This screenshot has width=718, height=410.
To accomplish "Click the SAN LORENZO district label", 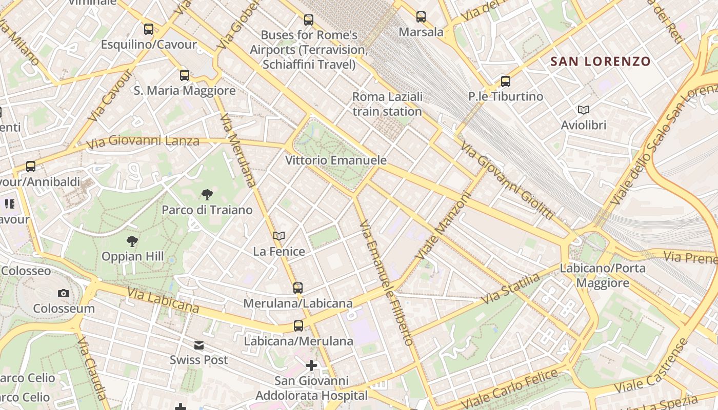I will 600,62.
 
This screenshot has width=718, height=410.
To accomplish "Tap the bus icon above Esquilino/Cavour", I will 149,29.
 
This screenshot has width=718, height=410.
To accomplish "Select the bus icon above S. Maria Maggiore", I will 185,75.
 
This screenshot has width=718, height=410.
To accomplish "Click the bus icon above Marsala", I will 421,17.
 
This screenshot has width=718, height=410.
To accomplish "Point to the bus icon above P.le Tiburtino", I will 506,81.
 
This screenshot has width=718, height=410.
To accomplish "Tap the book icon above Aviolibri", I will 584,110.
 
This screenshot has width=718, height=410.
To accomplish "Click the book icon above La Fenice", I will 279,236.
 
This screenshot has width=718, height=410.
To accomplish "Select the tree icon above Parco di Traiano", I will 207,194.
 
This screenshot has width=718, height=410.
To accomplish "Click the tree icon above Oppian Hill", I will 132,241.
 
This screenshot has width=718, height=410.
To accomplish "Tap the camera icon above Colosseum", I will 64,293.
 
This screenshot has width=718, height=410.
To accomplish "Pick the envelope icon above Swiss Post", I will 199,345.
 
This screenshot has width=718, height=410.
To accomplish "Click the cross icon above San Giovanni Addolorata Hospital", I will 311,365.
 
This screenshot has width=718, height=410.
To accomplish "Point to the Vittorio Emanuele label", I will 336,160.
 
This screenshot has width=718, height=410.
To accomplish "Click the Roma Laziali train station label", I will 387,104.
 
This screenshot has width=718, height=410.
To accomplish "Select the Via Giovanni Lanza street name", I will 143,140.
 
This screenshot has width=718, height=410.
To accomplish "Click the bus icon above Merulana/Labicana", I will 298,288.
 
